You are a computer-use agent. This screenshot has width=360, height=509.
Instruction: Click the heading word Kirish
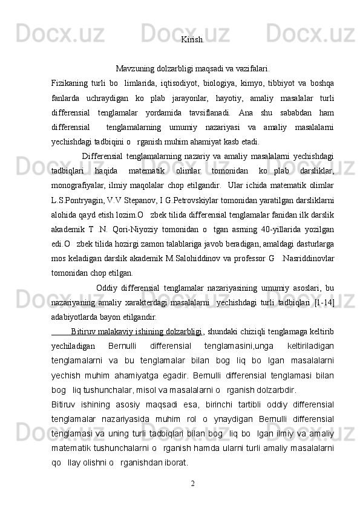tap(192, 41)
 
